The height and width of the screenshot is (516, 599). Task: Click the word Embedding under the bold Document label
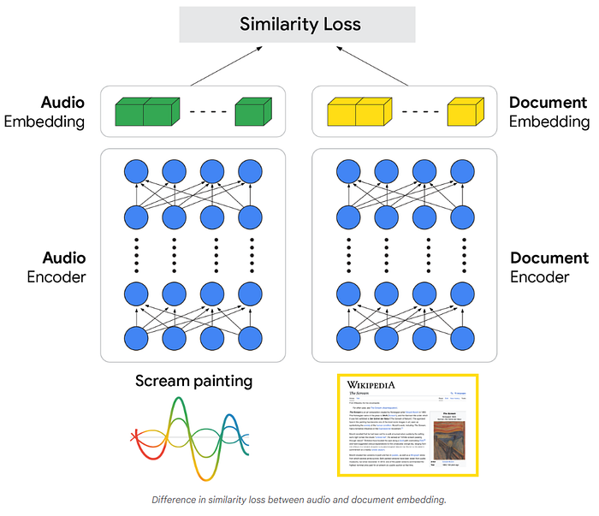point(549,122)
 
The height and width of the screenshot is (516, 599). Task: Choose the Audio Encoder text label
point(56,267)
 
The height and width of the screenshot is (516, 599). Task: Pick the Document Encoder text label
point(549,267)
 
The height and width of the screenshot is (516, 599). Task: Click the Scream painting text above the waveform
point(193,380)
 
